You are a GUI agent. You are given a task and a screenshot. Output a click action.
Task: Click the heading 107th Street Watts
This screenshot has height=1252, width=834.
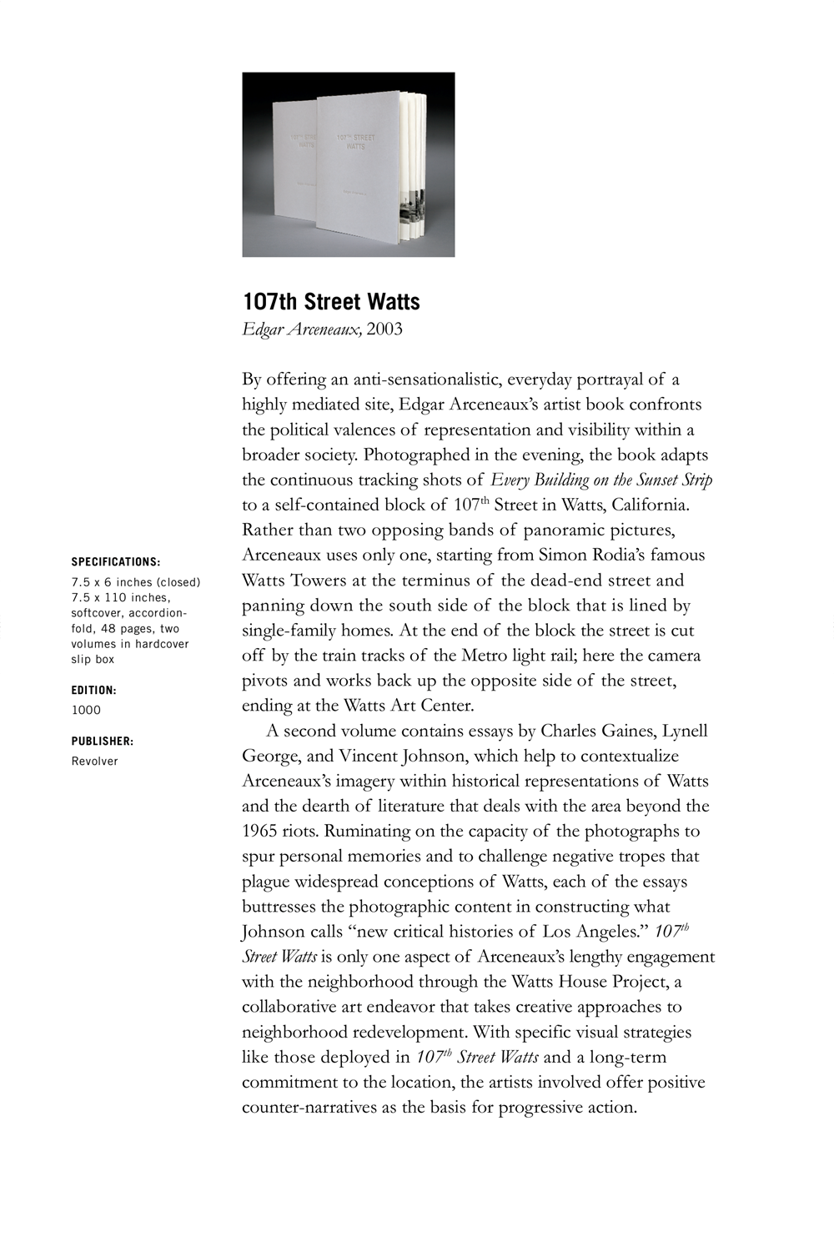[x=331, y=301]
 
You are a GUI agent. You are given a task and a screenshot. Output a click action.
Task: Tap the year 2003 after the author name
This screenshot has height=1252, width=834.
[x=384, y=329]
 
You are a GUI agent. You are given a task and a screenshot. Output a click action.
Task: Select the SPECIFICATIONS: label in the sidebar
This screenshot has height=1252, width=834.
[x=116, y=562]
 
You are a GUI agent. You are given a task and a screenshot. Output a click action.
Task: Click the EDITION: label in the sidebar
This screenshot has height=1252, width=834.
[x=93, y=691]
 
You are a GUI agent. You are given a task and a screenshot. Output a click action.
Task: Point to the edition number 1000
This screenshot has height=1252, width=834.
[x=86, y=710]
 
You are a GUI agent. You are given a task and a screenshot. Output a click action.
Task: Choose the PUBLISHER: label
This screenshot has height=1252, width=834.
[x=103, y=741]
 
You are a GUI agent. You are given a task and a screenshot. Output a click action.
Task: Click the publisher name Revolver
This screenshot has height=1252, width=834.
[x=94, y=761]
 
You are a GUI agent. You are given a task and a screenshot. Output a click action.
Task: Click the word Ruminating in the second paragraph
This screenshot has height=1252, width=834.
[x=369, y=831]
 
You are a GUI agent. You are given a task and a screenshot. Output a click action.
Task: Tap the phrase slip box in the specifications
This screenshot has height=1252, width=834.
[x=93, y=659]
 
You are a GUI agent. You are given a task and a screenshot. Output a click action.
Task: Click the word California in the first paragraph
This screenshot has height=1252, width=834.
[x=649, y=505]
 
